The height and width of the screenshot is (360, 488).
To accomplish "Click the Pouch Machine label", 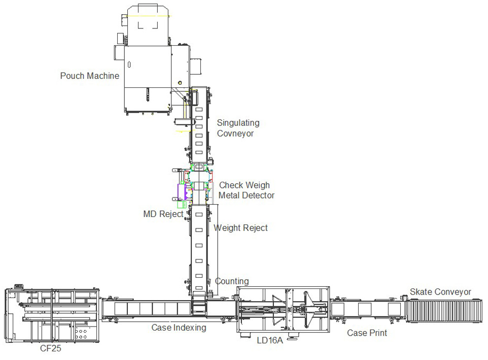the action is (x=90, y=76).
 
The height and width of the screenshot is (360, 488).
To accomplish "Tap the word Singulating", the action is (x=238, y=123).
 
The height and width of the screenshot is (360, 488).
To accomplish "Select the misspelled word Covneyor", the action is (x=235, y=134).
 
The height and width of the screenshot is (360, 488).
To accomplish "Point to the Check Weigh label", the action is (x=245, y=185).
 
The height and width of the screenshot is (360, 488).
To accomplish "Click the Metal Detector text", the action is (x=246, y=195).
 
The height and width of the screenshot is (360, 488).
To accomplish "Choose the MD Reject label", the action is (x=163, y=214).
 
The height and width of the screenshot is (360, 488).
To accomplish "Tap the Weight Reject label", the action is (x=240, y=228).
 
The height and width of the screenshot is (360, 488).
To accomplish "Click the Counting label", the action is (x=232, y=281).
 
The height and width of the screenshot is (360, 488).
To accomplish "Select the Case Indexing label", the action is (x=179, y=328).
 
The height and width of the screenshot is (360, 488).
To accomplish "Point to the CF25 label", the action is (x=50, y=348).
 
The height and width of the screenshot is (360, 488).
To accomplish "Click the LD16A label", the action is (x=270, y=340).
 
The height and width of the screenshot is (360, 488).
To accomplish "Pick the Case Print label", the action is (x=367, y=333).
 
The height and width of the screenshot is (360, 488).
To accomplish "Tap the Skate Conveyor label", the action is (x=440, y=292).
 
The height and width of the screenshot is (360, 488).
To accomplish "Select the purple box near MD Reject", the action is (x=182, y=192).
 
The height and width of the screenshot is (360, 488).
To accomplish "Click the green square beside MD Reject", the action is (x=182, y=204).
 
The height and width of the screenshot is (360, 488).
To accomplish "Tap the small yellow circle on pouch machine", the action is (x=180, y=83).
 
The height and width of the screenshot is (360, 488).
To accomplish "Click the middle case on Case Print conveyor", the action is (x=364, y=309).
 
